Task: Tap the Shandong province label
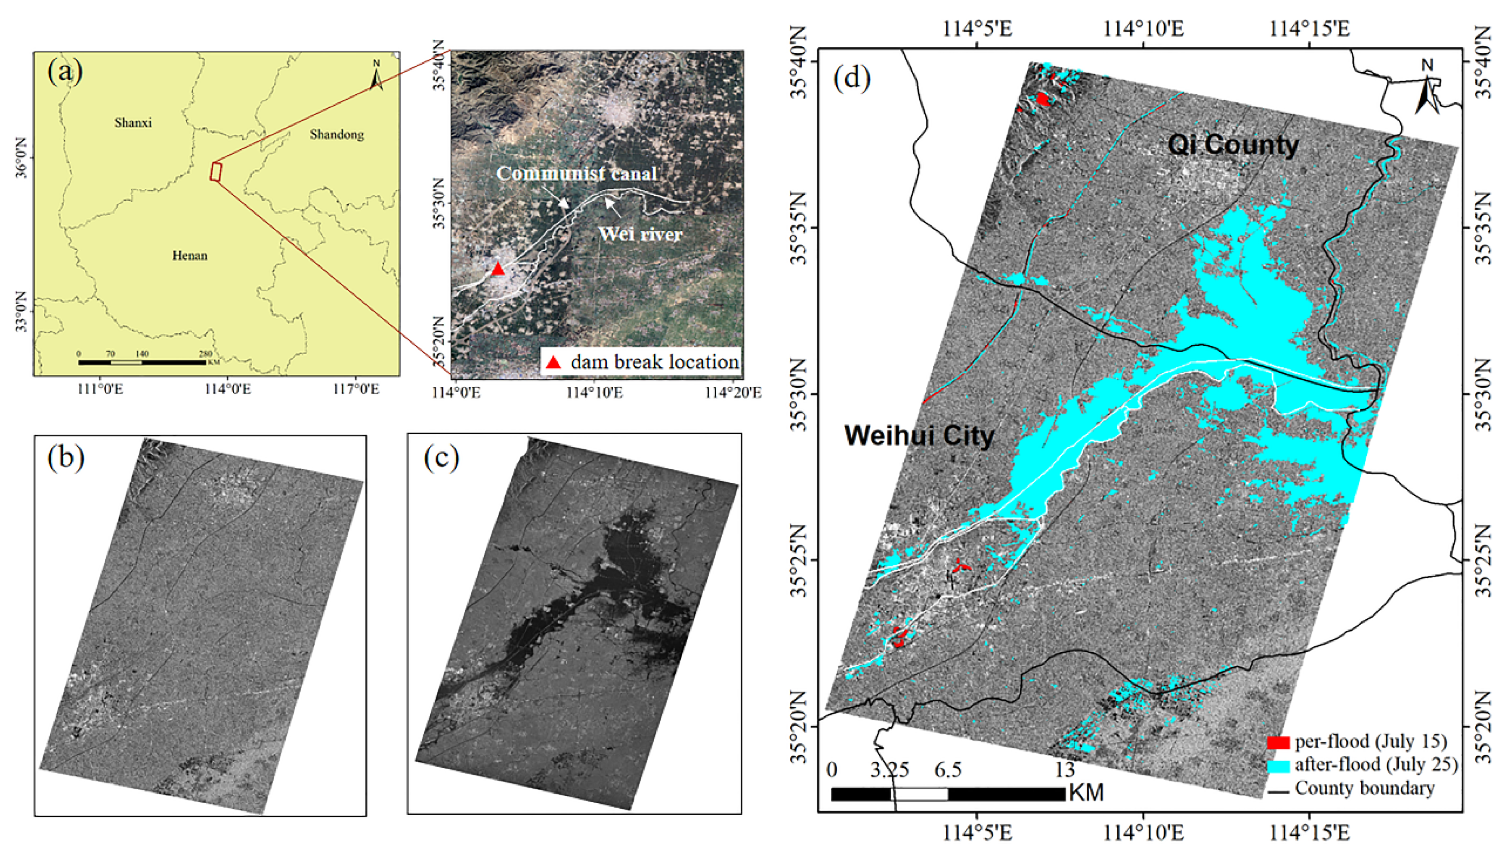click(337, 135)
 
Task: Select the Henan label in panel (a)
click(190, 255)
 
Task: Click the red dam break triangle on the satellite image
click(497, 269)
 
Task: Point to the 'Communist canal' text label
click(576, 173)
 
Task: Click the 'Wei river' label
click(640, 234)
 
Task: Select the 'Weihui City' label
click(919, 436)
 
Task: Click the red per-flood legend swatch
click(1278, 742)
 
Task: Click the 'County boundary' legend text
click(1364, 788)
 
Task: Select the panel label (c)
click(441, 458)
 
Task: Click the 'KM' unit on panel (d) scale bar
click(1086, 793)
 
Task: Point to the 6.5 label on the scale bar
click(948, 770)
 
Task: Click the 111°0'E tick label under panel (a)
click(100, 389)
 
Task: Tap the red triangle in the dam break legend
click(553, 362)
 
